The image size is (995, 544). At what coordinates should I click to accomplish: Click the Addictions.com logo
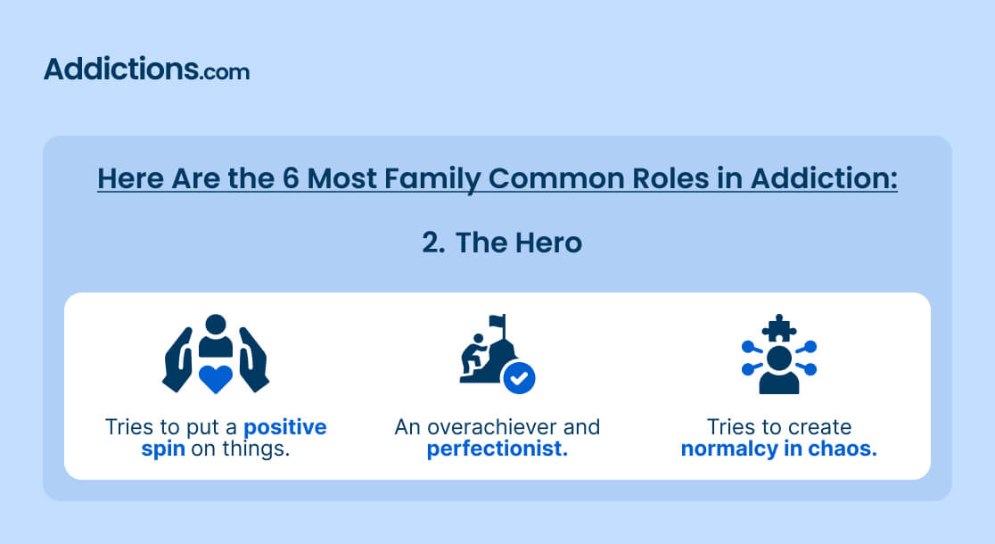tap(146, 69)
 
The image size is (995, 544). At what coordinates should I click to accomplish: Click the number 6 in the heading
tap(291, 178)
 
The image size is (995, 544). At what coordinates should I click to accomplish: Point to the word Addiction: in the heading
tap(825, 178)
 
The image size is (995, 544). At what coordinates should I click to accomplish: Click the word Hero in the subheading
tap(548, 243)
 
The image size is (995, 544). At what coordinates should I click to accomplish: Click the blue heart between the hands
tap(216, 378)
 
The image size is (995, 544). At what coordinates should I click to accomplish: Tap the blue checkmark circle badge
tap(519, 378)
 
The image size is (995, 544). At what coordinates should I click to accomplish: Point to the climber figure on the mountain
tap(473, 355)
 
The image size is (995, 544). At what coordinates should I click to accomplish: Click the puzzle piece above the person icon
tap(779, 328)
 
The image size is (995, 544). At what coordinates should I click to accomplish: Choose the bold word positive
tap(285, 427)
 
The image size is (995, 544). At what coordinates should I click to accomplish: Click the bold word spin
tap(163, 449)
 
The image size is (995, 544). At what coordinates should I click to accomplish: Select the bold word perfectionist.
tap(497, 449)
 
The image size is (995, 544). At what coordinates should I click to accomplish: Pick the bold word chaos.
tap(843, 449)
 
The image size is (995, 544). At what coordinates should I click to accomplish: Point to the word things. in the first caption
tap(256, 449)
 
